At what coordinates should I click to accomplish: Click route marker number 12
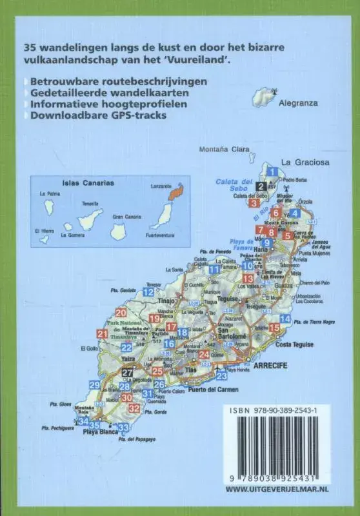148,292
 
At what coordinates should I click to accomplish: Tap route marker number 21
101,333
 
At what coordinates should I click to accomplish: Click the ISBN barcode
287,450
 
